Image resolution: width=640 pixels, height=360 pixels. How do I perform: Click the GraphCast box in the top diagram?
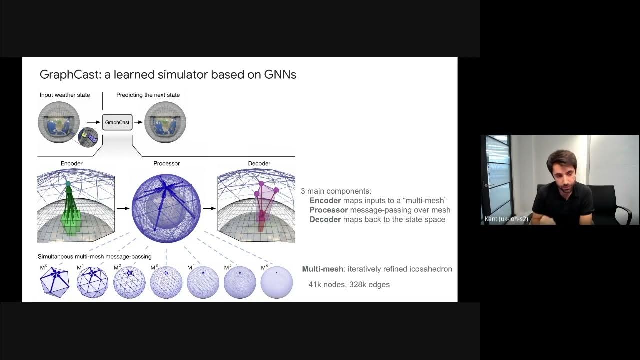pyautogui.click(x=117, y=122)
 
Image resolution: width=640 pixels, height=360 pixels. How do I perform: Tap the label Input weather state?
pyautogui.click(x=65, y=95)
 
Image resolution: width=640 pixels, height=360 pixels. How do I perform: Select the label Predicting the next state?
pyautogui.click(x=148, y=95)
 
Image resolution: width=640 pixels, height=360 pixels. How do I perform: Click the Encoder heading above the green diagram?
pyautogui.click(x=71, y=163)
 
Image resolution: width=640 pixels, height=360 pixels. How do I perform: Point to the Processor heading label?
pyautogui.click(x=166, y=163)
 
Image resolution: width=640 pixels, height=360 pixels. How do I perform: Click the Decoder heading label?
pyautogui.click(x=259, y=163)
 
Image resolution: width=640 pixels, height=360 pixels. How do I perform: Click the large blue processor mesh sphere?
pyautogui.click(x=166, y=208)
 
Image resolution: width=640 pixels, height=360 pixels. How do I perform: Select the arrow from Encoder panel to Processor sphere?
pyautogui.click(x=123, y=208)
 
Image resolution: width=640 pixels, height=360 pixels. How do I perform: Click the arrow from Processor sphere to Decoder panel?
pyautogui.click(x=209, y=208)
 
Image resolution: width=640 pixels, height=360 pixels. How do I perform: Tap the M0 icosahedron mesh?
pyautogui.click(x=54, y=282)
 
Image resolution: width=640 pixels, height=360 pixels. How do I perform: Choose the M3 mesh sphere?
pyautogui.click(x=166, y=282)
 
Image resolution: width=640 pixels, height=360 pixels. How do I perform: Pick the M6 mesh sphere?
pyautogui.click(x=277, y=282)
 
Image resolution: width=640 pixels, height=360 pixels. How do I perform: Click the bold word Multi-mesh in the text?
pyautogui.click(x=322, y=269)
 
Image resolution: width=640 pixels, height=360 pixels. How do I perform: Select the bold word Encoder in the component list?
pyautogui.click(x=325, y=200)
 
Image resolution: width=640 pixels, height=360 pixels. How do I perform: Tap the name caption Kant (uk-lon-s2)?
pyautogui.click(x=506, y=219)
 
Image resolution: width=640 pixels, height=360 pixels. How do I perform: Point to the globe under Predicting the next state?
pyautogui.click(x=165, y=122)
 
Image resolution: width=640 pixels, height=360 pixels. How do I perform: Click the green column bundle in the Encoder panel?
pyautogui.click(x=71, y=217)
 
